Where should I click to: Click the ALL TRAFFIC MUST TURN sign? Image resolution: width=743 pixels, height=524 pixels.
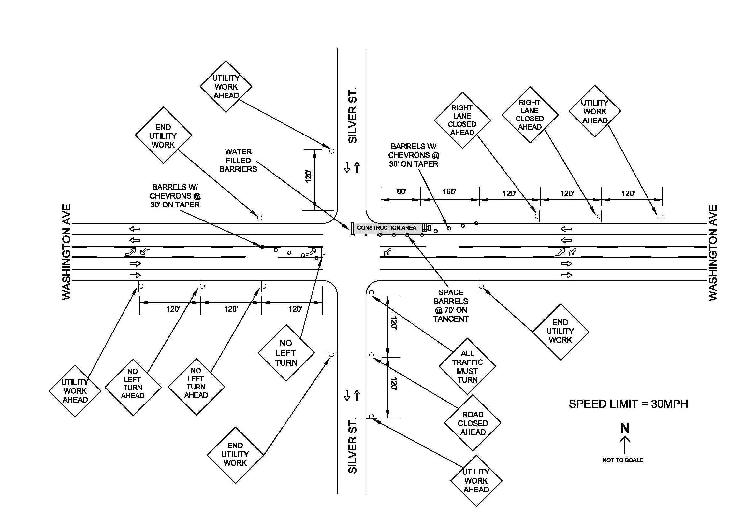pyautogui.click(x=467, y=366)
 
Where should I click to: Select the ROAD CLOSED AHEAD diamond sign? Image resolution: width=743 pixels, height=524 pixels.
pyautogui.click(x=473, y=423)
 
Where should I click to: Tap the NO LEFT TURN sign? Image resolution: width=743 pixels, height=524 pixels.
pyautogui.click(x=286, y=353)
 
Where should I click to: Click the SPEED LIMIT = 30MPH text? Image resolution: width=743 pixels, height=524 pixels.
pyautogui.click(x=628, y=404)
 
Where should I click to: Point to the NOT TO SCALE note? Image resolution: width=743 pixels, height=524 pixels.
pyautogui.click(x=622, y=460)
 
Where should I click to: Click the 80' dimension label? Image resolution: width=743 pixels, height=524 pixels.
pyautogui.click(x=401, y=191)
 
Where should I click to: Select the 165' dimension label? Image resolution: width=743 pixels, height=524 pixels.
pyautogui.click(x=449, y=191)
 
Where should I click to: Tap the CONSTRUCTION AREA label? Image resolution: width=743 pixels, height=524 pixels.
pyautogui.click(x=386, y=228)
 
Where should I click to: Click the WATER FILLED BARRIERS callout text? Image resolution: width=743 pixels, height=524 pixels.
pyautogui.click(x=238, y=161)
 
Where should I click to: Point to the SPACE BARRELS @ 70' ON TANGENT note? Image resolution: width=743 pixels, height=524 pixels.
pyautogui.click(x=451, y=306)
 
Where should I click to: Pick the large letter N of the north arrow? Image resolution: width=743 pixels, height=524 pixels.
pyautogui.click(x=625, y=428)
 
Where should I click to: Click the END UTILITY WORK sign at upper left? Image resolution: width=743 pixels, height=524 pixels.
pyautogui.click(x=163, y=135)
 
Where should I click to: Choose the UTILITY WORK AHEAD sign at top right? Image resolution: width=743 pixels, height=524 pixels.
pyautogui.click(x=595, y=111)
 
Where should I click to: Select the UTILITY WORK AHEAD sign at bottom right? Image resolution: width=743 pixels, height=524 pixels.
pyautogui.click(x=476, y=481)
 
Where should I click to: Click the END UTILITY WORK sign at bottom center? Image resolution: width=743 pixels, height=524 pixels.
pyautogui.click(x=235, y=455)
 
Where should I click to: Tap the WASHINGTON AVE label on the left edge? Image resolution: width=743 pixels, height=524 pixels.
pyautogui.click(x=66, y=252)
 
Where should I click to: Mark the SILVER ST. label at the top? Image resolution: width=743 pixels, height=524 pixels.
pyautogui.click(x=352, y=115)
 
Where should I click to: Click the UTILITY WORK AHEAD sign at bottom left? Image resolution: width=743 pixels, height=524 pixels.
pyautogui.click(x=75, y=391)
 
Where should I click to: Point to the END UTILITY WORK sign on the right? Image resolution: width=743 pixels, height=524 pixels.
pyautogui.click(x=561, y=332)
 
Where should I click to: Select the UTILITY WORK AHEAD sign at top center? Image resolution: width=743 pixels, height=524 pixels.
pyautogui.click(x=226, y=86)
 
